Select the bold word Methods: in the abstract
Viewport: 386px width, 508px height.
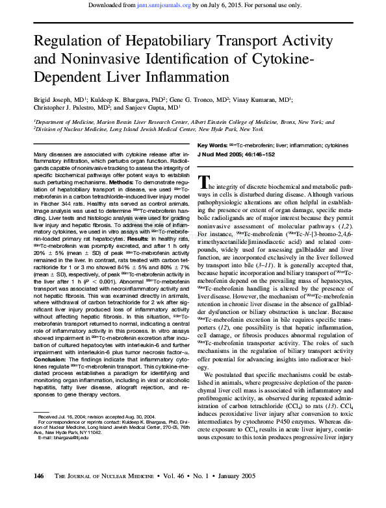(x=122, y=182)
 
